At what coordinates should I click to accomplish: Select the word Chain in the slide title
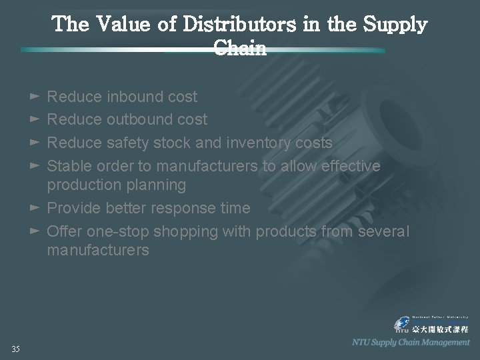[240, 48]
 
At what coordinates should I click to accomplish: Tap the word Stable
[70, 165]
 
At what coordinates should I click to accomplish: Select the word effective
[350, 165]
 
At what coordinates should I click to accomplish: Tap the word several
[385, 231]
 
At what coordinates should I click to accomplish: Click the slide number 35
[15, 349]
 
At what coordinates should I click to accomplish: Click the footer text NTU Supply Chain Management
[411, 342]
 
